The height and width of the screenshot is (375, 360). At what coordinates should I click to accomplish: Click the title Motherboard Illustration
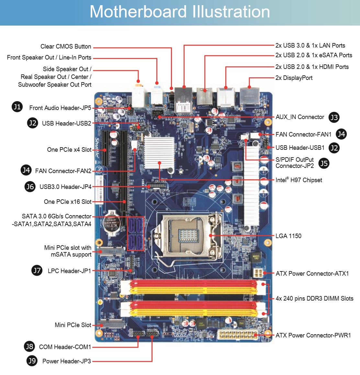(180, 12)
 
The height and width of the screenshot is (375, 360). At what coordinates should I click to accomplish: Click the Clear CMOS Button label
(66, 47)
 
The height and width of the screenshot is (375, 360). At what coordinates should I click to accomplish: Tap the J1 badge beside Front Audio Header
(17, 106)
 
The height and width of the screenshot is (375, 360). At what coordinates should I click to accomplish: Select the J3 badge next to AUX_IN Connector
(334, 117)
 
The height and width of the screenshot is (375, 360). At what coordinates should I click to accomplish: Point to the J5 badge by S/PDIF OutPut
(324, 163)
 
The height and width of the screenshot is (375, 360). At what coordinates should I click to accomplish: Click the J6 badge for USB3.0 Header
(30, 187)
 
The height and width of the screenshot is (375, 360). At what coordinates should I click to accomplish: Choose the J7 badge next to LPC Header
(37, 270)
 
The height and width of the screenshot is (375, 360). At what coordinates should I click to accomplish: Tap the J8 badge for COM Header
(29, 347)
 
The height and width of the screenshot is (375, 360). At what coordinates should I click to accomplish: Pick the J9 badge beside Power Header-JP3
(32, 361)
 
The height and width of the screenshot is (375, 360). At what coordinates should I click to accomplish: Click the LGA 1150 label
(288, 236)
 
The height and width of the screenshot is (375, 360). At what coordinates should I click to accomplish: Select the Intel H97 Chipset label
(299, 180)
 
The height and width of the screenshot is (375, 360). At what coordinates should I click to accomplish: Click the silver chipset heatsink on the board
(159, 151)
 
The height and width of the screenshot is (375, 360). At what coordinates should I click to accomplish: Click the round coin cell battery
(112, 223)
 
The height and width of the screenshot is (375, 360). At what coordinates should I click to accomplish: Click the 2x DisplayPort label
(294, 78)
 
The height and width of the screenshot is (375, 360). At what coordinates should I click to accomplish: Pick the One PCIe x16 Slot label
(68, 202)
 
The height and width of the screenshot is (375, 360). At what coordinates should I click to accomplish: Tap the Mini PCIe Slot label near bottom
(73, 325)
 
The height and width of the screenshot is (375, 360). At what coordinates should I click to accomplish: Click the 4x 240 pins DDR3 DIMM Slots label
(314, 298)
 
